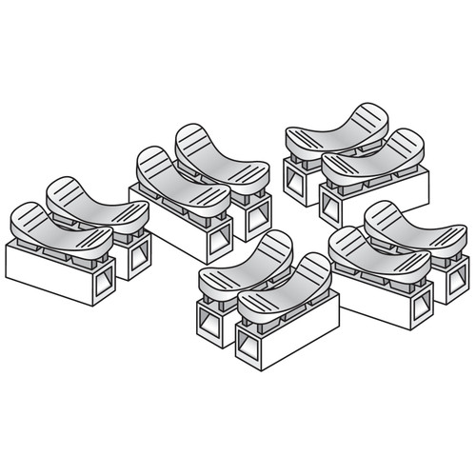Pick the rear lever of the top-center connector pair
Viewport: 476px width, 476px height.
pos(222,152)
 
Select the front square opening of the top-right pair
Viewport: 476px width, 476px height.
pos(335,203)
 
